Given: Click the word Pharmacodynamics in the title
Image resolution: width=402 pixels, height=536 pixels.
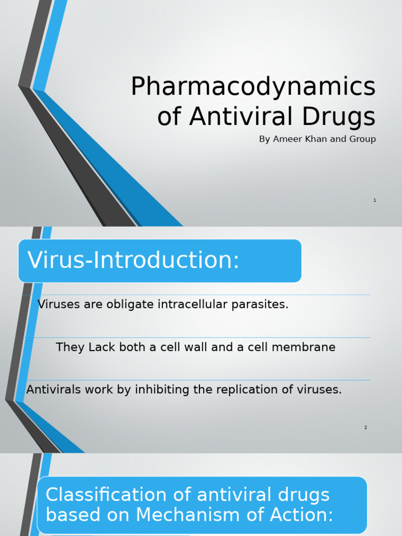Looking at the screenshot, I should point(253,87).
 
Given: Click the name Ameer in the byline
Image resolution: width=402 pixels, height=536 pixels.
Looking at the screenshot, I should point(288,139).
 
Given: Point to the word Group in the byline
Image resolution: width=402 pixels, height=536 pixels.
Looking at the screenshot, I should point(362,139).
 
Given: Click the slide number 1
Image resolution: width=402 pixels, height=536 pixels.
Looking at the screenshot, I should point(375,200).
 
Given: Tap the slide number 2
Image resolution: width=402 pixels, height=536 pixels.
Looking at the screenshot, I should point(366,428).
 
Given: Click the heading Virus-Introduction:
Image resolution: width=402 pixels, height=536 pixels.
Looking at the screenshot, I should point(133,260).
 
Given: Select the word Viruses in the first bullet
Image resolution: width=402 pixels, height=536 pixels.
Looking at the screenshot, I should point(59,304).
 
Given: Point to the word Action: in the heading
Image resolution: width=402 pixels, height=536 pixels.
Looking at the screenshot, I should point(304,515).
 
